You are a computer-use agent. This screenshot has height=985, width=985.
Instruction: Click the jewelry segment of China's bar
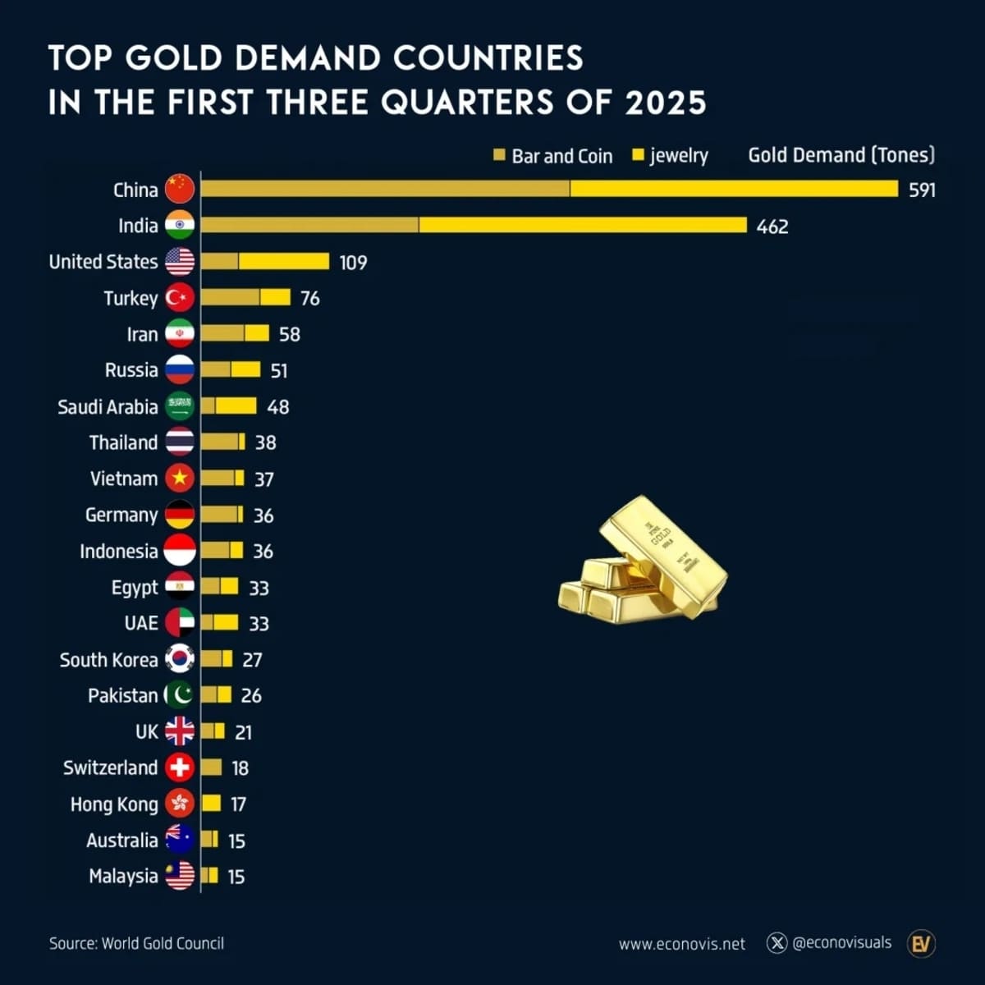[734, 189]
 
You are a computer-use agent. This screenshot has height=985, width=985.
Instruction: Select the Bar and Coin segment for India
[309, 225]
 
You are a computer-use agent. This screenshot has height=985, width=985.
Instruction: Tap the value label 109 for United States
[353, 263]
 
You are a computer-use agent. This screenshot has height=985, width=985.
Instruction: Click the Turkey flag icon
[180, 298]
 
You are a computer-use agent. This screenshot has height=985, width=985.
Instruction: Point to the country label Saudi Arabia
[108, 407]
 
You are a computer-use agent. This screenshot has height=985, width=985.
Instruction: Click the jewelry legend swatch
[638, 154]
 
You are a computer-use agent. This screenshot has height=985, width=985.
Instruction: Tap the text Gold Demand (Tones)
[841, 155]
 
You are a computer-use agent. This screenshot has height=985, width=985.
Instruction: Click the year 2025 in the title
[665, 103]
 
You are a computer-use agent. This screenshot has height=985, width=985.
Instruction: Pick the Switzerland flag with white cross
[180, 767]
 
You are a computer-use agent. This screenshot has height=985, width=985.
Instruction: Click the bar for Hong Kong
[211, 804]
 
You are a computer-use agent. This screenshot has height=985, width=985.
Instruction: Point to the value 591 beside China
[922, 190]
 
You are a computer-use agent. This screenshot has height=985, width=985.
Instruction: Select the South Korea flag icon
[180, 659]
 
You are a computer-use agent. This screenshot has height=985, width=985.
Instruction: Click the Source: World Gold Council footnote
[136, 943]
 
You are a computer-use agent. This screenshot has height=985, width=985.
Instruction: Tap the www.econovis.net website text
[681, 944]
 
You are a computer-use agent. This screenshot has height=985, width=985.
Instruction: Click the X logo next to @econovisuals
[777, 942]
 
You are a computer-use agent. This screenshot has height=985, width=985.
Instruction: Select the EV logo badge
[921, 943]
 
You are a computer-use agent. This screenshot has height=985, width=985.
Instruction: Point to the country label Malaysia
[123, 876]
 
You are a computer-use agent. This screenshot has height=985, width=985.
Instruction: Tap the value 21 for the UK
[243, 732]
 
